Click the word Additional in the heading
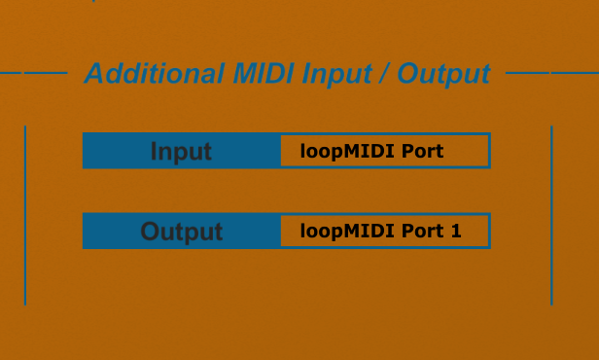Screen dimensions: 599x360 coord(154,73)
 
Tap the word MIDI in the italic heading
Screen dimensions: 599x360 coord(264,73)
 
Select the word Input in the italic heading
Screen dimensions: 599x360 coord(336,75)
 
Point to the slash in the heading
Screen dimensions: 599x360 coord(385,73)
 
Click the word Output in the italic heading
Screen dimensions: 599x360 coord(443,75)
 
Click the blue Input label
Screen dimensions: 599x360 coord(181,152)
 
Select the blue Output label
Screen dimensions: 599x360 coord(182,232)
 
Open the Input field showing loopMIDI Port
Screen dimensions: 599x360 coord(385,151)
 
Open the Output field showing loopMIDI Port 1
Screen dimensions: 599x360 coord(385,231)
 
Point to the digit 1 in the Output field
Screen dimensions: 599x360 coord(456,231)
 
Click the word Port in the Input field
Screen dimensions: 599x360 coord(422,151)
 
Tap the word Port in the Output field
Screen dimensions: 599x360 coord(422,231)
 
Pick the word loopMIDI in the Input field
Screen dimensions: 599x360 coord(347,152)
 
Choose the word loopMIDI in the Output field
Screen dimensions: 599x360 coord(347,232)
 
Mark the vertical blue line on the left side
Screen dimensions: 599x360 coord(25,215)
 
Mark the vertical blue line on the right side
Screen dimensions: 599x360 coord(551,215)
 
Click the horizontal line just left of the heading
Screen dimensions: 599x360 coord(46,73)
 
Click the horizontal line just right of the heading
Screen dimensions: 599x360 coord(528,73)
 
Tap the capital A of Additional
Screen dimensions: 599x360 coord(94,73)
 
